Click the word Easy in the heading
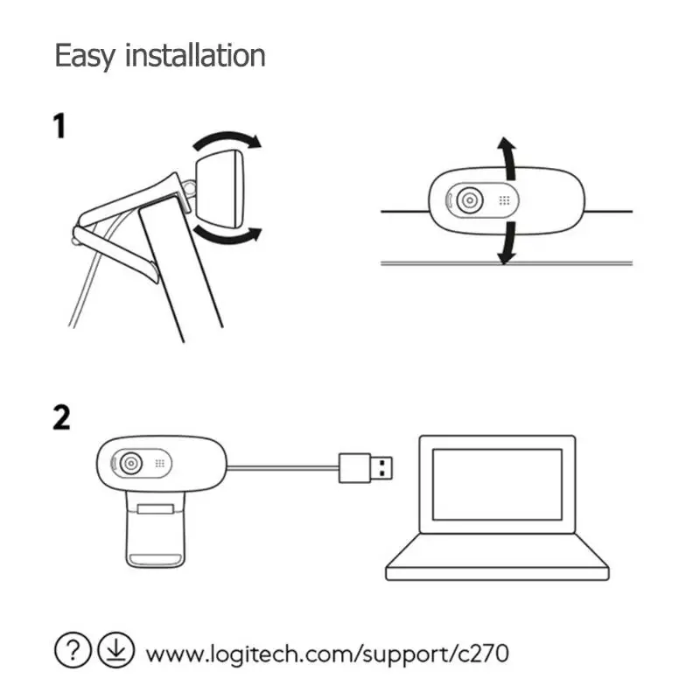[x=85, y=56]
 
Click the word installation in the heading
[x=195, y=55]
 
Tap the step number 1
[x=59, y=126]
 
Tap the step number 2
[x=61, y=417]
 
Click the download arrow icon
[x=115, y=650]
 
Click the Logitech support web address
[x=327, y=654]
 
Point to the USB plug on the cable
[x=366, y=468]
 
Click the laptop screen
[x=497, y=485]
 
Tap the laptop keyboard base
[x=497, y=558]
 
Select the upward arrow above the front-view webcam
[x=507, y=158]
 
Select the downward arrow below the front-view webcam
[x=507, y=243]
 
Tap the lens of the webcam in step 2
[x=130, y=464]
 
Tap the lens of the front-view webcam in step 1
[x=470, y=200]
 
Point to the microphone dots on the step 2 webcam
[x=160, y=464]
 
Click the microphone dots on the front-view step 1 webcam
[x=505, y=200]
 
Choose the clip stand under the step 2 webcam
[x=156, y=529]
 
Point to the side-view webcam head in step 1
[x=220, y=189]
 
